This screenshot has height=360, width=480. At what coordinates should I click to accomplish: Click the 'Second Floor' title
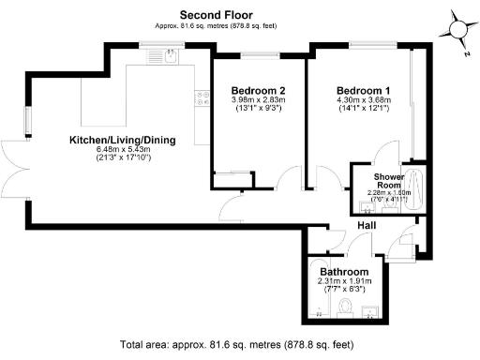point(217,15)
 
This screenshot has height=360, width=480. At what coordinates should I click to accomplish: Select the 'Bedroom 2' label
point(255,91)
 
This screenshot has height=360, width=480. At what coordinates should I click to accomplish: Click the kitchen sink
point(168,58)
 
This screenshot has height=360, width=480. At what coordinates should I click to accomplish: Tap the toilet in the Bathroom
point(346,307)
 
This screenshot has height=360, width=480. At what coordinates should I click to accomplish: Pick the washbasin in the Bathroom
point(374,310)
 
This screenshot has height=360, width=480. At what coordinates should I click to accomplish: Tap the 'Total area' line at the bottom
point(239,345)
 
